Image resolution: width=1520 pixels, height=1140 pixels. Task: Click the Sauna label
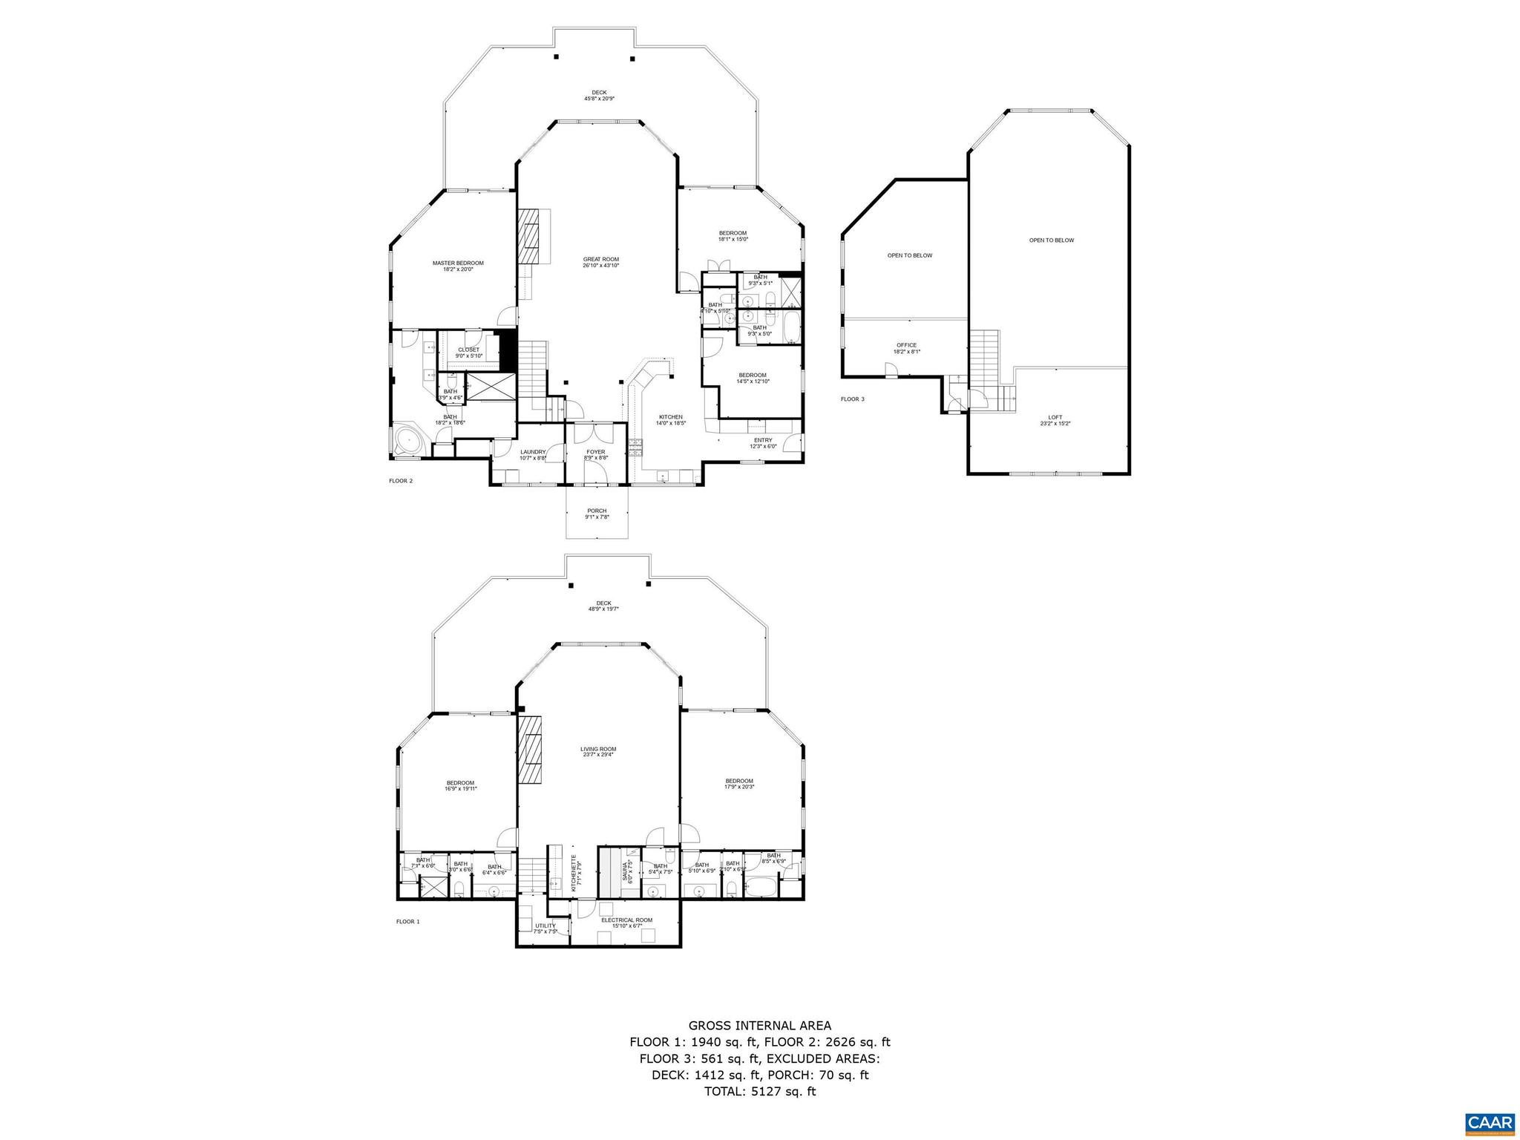tap(629, 869)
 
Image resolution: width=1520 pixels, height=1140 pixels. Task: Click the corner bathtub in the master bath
tap(410, 440)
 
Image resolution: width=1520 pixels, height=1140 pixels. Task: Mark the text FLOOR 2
tap(401, 481)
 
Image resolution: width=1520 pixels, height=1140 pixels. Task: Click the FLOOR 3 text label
tap(852, 399)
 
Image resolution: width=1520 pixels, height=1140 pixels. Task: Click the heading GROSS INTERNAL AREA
tap(759, 1026)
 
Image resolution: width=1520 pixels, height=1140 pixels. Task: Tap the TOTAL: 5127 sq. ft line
tap(759, 1092)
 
